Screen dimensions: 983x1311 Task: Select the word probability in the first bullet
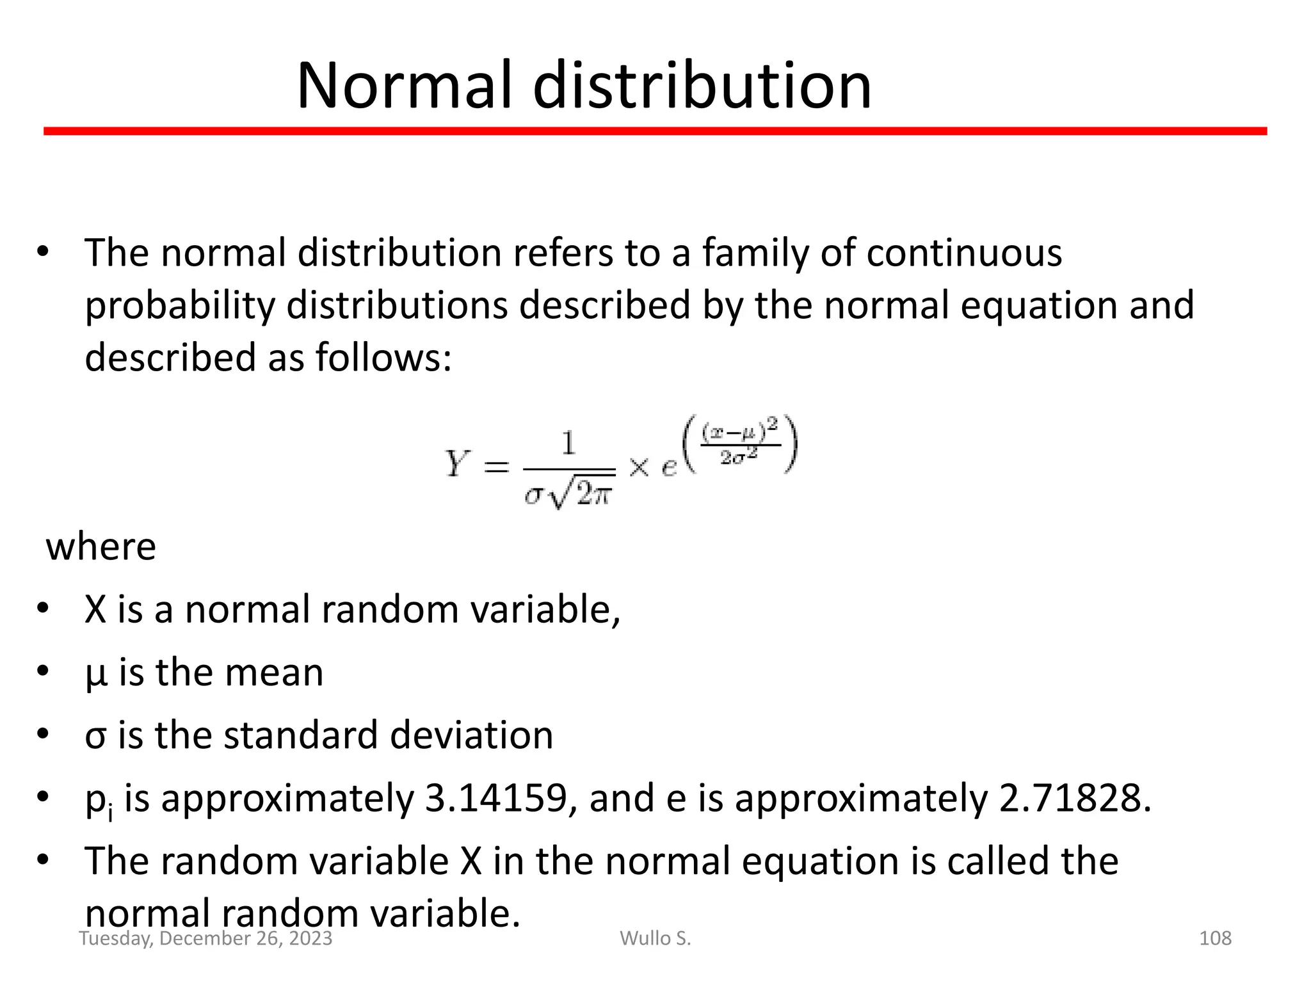pyautogui.click(x=179, y=305)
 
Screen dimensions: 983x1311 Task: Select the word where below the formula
pyautogui.click(x=101, y=548)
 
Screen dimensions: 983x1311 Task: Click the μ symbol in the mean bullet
pyautogui.click(x=95, y=675)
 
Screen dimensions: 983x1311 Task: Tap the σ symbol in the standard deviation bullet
pyautogui.click(x=95, y=736)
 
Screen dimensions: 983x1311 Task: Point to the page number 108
pyautogui.click(x=1214, y=938)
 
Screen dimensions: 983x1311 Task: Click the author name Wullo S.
pyautogui.click(x=655, y=938)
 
